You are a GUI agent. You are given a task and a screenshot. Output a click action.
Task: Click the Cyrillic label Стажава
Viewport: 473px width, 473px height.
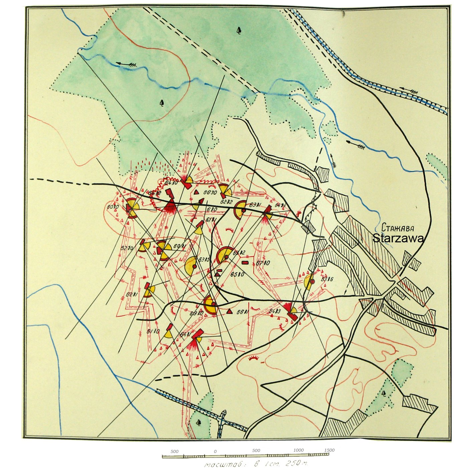click(x=398, y=228)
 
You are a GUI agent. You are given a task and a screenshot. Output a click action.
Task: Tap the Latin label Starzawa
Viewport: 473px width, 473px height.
click(x=398, y=238)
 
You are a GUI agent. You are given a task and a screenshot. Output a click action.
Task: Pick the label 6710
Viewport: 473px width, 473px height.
click(x=263, y=263)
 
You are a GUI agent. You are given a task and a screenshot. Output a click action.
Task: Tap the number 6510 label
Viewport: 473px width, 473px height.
click(x=237, y=274)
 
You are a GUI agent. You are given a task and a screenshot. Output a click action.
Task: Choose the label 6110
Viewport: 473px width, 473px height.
click(x=153, y=331)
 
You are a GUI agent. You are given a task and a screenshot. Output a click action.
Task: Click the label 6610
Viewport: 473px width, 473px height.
click(x=210, y=193)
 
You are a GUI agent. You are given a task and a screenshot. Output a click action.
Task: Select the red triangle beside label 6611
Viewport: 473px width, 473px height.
click(x=229, y=311)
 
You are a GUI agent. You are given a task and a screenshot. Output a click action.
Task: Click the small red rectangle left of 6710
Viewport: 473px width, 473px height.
click(x=245, y=263)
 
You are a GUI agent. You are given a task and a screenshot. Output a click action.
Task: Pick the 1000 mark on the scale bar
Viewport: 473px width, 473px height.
click(x=298, y=450)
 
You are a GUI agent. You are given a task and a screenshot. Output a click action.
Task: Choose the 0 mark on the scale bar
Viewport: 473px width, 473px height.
click(x=215, y=451)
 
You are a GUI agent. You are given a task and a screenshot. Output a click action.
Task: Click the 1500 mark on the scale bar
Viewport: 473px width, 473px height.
click(x=329, y=450)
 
